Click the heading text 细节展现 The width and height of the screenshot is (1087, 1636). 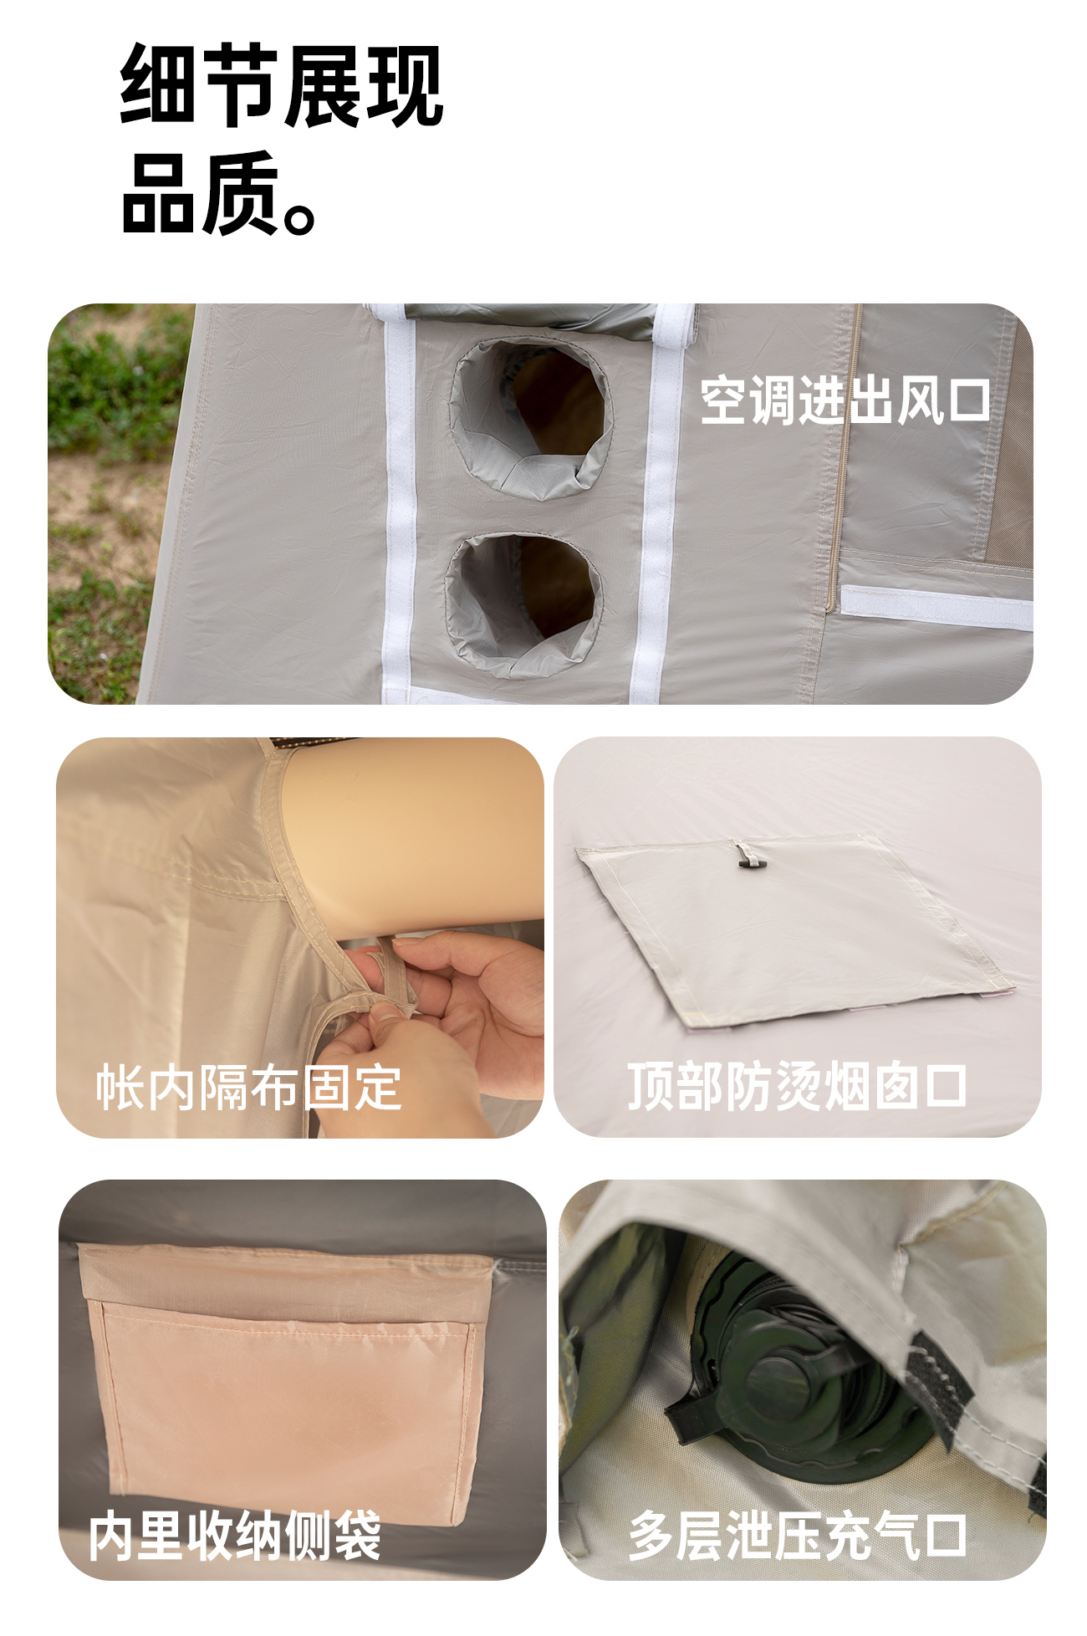tap(281, 85)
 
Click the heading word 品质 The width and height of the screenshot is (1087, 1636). tap(201, 194)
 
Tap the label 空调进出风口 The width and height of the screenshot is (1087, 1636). tap(845, 400)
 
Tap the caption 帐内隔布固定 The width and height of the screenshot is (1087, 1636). tap(248, 1088)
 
